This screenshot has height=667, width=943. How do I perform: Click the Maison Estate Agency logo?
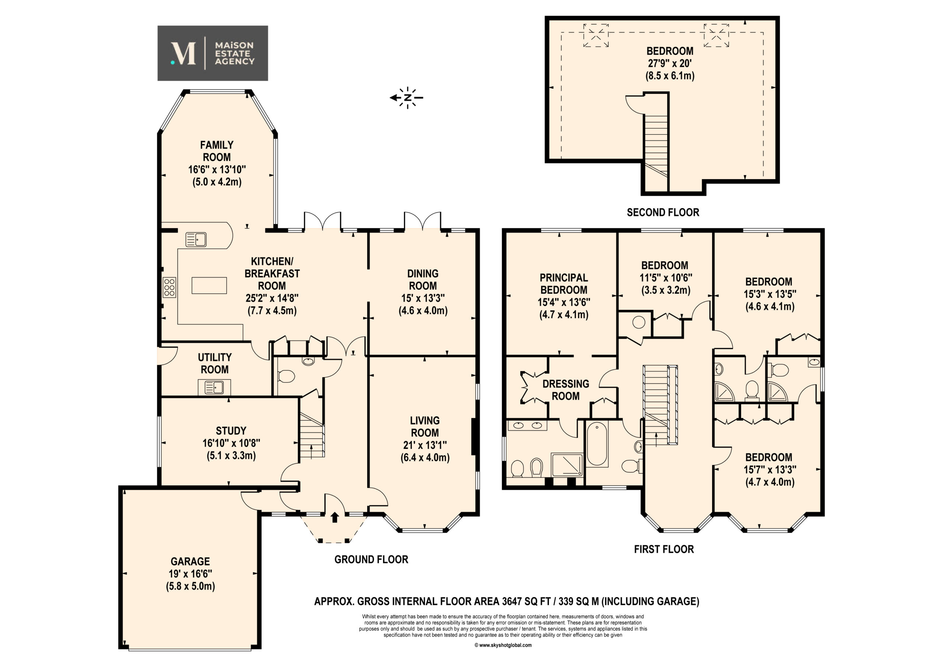point(213,53)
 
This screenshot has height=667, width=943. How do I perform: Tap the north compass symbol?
point(407,98)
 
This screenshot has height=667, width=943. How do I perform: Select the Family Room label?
point(217,151)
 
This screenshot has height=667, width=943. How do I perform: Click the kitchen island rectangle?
point(209,285)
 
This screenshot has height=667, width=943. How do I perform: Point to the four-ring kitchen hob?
point(169,287)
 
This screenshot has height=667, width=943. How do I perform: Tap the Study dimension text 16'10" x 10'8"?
point(231,443)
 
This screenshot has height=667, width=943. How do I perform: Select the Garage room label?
point(190,561)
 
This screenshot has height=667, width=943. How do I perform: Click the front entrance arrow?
point(335,517)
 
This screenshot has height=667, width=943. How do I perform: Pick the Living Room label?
point(425,427)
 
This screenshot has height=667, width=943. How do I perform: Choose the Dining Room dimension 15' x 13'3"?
point(423,298)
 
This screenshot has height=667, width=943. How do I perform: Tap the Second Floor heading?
point(663,213)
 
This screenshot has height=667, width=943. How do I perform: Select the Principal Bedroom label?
point(564,284)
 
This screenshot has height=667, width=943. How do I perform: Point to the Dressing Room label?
point(566,390)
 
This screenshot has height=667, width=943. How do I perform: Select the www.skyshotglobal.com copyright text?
point(503,645)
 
